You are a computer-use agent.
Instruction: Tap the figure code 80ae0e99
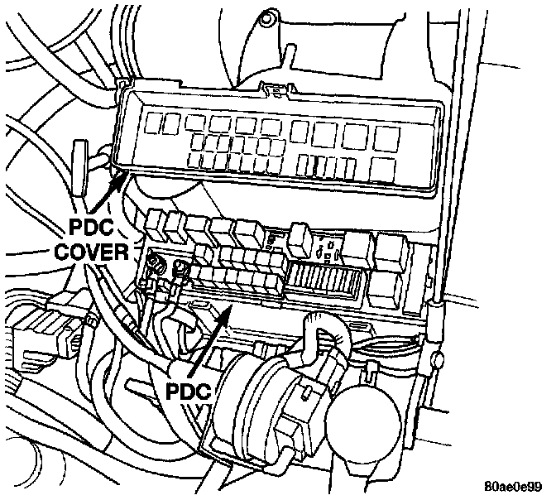513,486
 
